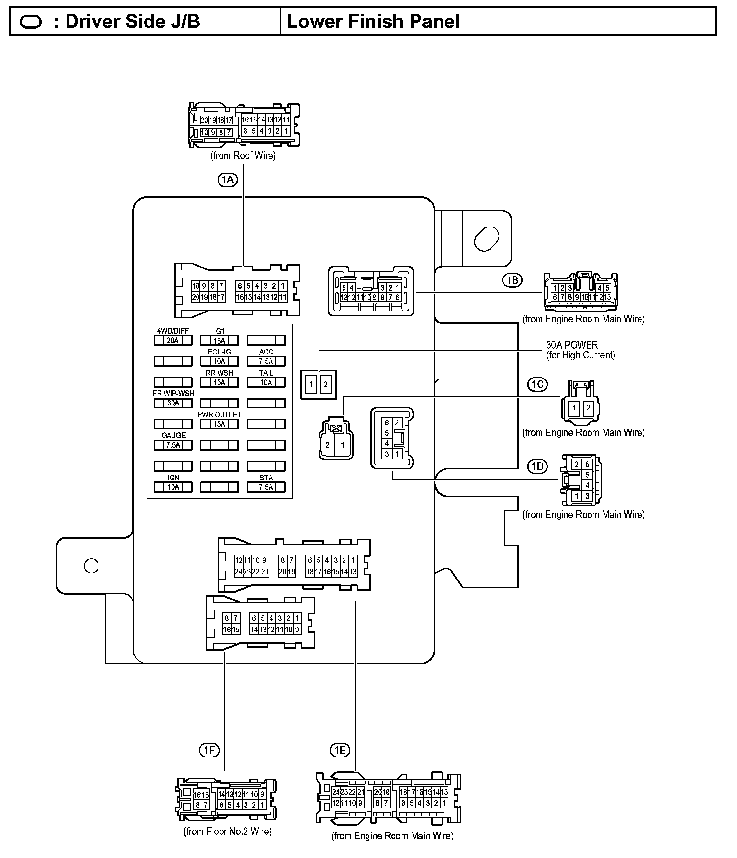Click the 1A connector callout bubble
point(227,180)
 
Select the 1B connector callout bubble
point(512,280)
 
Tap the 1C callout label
point(538,384)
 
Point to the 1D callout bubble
point(538,466)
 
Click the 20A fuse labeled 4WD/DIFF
point(173,340)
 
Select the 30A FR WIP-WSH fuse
point(173,403)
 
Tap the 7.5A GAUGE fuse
point(173,445)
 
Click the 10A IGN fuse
point(173,487)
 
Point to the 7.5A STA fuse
point(266,487)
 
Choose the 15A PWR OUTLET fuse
point(220,424)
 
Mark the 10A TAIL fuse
point(266,382)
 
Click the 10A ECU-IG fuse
point(220,361)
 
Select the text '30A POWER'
point(572,345)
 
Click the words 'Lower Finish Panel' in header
point(373,22)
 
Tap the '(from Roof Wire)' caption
point(243,156)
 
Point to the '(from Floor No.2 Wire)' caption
point(227,831)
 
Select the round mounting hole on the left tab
point(91,565)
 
